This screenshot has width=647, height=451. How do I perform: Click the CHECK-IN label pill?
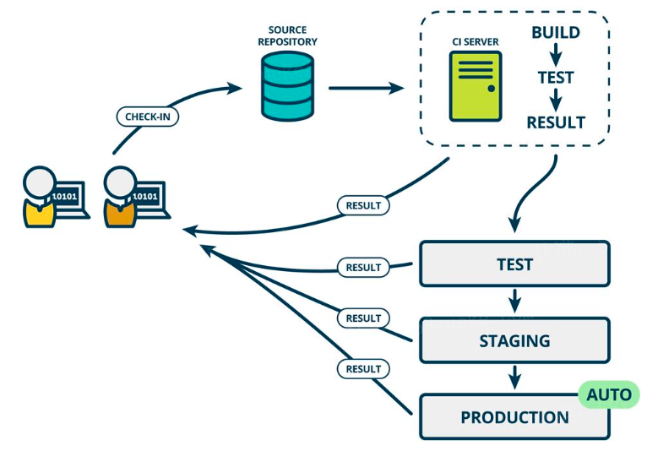tap(146, 117)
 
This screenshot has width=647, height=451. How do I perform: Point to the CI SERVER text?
tap(475, 41)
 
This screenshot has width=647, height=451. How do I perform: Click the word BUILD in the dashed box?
tap(555, 33)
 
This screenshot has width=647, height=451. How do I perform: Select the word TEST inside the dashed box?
tap(555, 78)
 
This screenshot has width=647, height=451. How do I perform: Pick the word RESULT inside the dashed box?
tap(555, 122)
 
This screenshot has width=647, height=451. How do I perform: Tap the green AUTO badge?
tap(608, 394)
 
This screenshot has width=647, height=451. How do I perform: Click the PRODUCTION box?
tap(514, 417)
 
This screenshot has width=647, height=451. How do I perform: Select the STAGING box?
tap(514, 341)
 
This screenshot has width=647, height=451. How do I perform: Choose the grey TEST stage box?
tap(514, 264)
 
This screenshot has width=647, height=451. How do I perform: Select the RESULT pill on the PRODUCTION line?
tap(363, 369)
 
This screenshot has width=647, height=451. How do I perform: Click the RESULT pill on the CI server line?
tap(363, 204)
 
